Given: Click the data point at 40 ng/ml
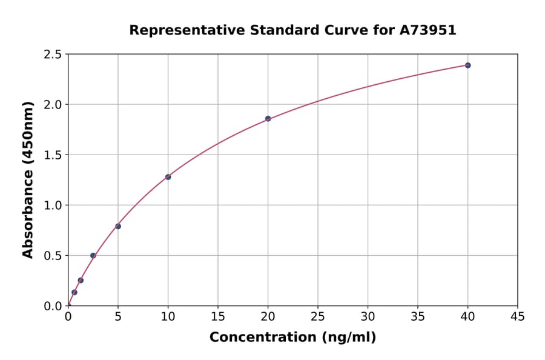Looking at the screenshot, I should point(467,65).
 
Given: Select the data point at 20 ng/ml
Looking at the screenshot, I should point(268,119).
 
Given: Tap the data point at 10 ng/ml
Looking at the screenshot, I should point(168,177).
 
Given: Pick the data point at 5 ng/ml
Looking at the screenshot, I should point(118,227).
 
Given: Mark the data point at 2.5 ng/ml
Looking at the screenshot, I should point(93,256).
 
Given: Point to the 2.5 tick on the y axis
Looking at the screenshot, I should point(68,55).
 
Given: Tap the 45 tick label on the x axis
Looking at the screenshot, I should point(518,317).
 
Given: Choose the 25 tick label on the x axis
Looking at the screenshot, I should point(318,317).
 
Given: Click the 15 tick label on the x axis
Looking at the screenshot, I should point(218,317).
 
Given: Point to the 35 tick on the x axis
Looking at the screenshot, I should point(418,306).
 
